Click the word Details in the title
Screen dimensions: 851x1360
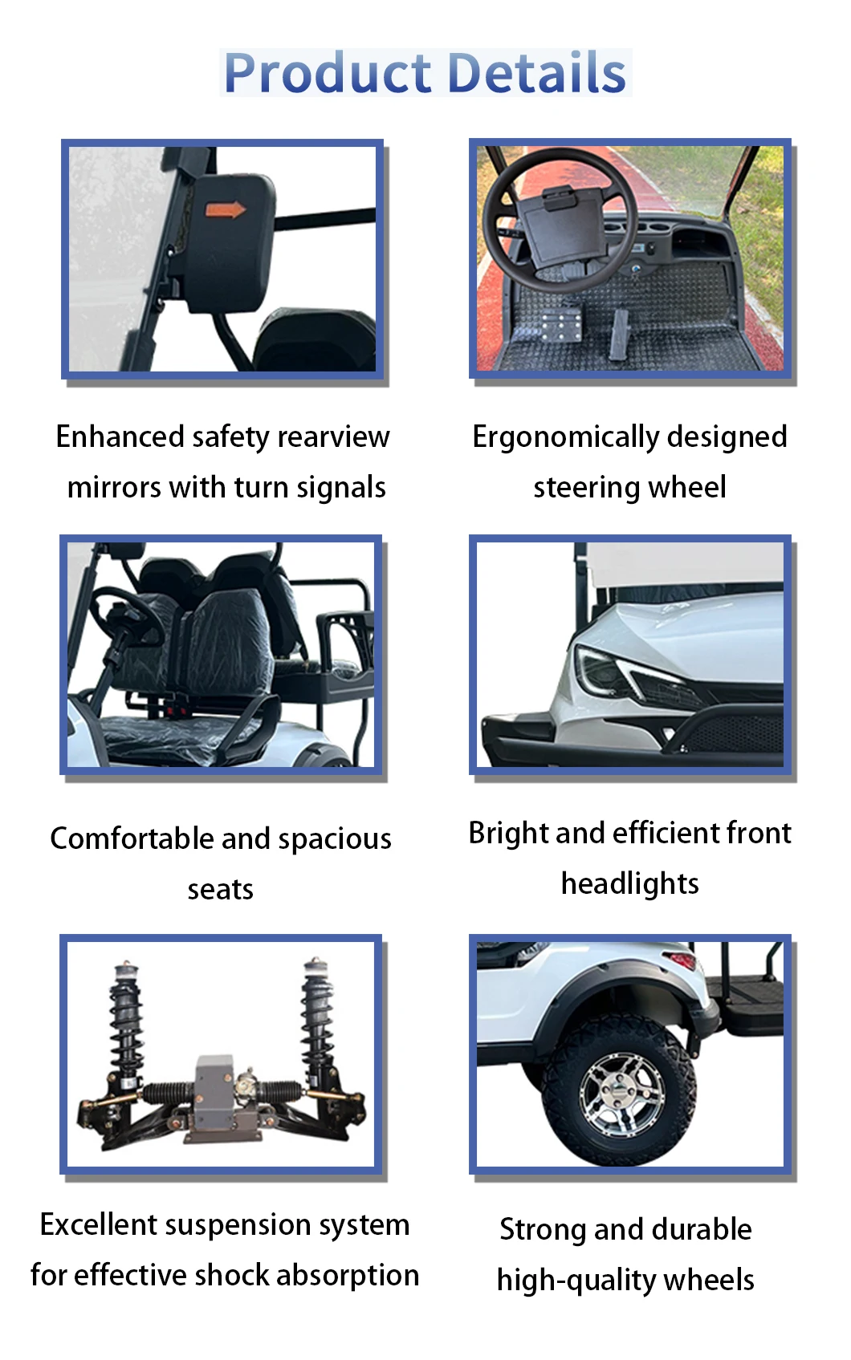coord(537,72)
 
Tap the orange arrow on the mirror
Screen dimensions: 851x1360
coord(226,210)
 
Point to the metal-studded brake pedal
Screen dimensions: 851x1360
coord(560,325)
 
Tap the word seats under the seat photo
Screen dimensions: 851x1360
coord(220,890)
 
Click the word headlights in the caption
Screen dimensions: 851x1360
coord(630,884)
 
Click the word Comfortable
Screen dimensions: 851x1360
coord(132,838)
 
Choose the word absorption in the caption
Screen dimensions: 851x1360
coord(348,1276)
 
